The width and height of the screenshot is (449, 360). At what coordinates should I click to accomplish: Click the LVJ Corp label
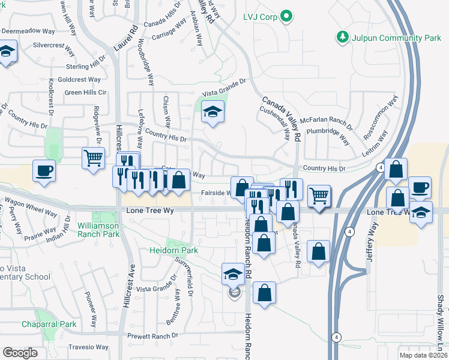click(x=261, y=17)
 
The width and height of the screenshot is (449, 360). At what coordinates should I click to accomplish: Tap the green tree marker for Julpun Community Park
click(x=343, y=37)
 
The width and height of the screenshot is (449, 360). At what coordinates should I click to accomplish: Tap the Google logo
click(x=20, y=352)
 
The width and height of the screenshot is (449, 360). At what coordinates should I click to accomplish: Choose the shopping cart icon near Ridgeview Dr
click(x=93, y=159)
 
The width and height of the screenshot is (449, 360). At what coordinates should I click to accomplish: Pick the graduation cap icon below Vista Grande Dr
click(x=212, y=112)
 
